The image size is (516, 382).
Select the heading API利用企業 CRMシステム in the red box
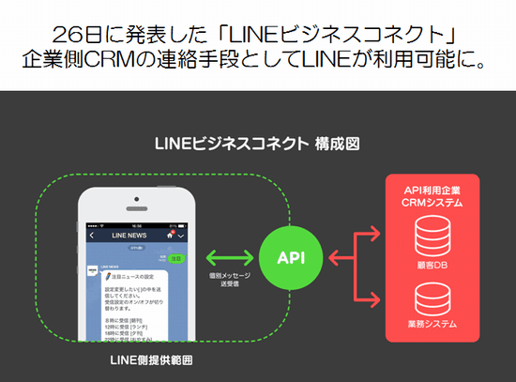coord(433,195)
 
